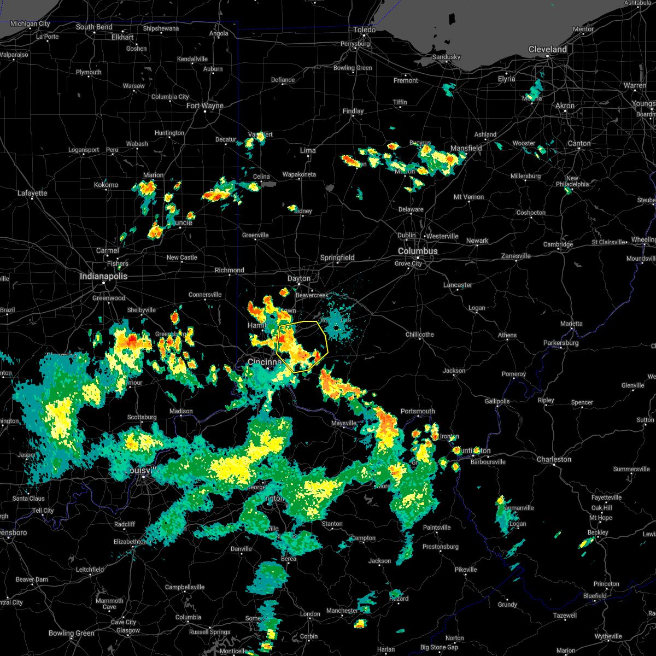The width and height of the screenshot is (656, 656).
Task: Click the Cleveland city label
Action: coord(547,49)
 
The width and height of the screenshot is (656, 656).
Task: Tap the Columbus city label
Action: coord(418,251)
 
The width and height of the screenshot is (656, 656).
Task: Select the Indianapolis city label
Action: coord(103,276)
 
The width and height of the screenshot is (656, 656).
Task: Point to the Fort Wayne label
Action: coord(205,106)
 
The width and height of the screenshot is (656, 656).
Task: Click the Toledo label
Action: coord(364,30)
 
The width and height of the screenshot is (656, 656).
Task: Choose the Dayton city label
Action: coord(299,278)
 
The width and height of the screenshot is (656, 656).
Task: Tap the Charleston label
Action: coord(554,459)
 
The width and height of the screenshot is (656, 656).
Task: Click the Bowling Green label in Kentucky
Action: coord(72,633)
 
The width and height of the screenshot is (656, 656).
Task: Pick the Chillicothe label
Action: coord(420,335)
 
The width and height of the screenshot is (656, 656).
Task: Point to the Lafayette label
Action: coord(32,193)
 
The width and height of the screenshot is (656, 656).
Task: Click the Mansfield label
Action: coord(466,148)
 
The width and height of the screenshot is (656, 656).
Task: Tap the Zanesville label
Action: coord(516,256)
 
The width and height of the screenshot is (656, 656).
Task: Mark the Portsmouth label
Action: coord(418,411)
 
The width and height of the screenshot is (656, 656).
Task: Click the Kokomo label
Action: coord(106,185)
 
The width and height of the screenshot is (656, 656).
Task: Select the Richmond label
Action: coord(230,270)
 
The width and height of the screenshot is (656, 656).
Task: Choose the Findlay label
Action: coord(353,111)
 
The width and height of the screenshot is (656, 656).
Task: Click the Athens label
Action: coord(507,335)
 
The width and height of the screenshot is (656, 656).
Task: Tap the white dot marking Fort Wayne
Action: coord(206,112)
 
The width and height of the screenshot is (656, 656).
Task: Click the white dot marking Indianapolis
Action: coord(103,283)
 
